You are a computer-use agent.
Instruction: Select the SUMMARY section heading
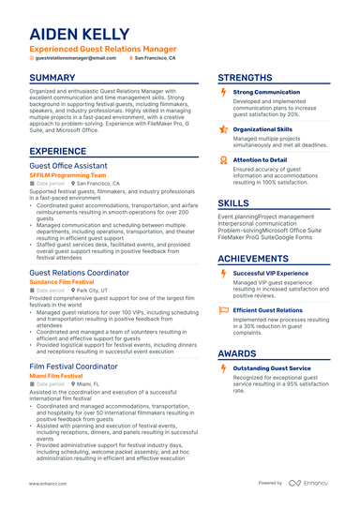[52, 78]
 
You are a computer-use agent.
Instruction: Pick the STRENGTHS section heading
[246, 78]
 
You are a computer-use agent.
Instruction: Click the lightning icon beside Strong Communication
[222, 92]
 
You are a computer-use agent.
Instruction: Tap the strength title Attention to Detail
[260, 159]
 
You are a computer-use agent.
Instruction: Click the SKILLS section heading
[233, 202]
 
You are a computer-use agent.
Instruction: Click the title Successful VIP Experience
[270, 273]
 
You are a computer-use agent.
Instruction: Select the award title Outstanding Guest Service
[273, 368]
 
